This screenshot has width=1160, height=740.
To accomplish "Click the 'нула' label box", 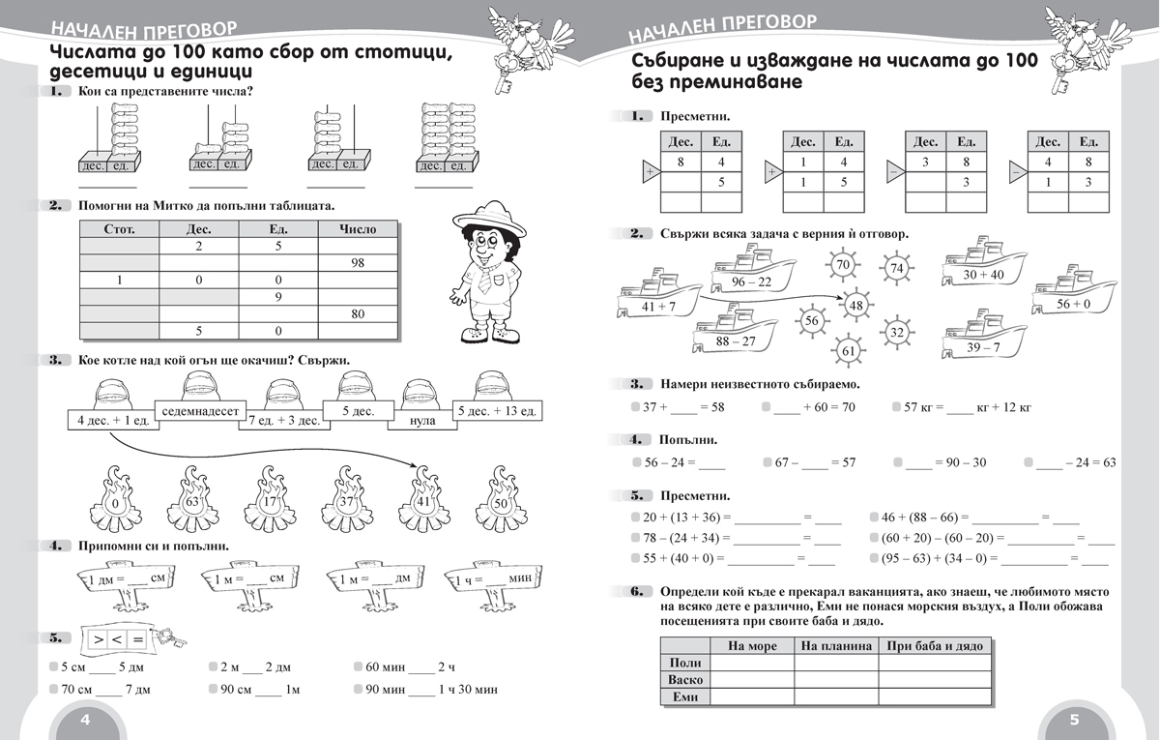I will point(422,420).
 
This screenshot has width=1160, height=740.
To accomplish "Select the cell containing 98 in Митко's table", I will point(358,263).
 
